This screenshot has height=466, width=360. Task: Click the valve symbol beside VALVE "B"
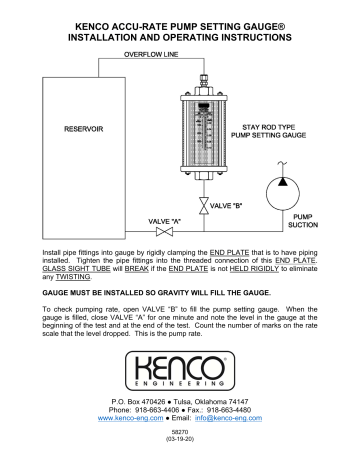[x=203, y=205]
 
